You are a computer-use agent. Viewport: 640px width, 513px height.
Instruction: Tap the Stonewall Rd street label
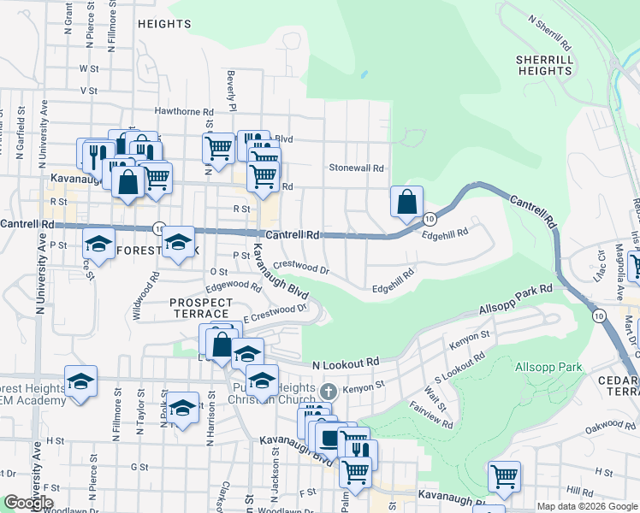tap(357, 168)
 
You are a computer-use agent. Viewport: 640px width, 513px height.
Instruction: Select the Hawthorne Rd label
tap(184, 111)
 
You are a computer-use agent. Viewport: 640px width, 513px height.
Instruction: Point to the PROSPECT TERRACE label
tap(201, 308)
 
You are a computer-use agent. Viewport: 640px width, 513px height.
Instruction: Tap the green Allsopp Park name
tap(548, 368)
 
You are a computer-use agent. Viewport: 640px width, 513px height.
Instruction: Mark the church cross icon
tap(326, 392)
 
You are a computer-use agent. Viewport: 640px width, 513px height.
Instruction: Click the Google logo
tap(28, 503)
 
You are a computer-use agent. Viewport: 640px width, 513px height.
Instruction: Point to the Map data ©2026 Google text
tap(586, 506)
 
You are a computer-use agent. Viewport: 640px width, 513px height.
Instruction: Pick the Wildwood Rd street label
tap(145, 296)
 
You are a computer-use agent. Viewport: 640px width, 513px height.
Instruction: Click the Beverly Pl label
tap(231, 90)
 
